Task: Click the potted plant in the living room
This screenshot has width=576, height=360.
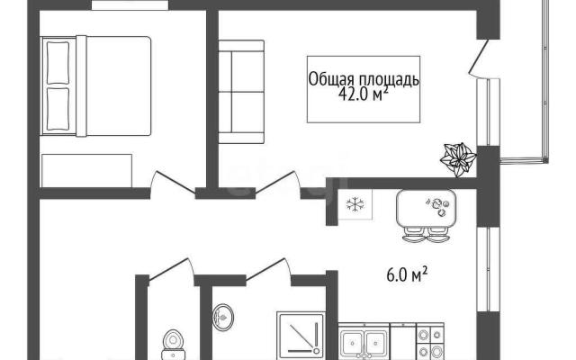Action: (x=458, y=159)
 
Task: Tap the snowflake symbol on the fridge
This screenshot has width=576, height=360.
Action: (x=355, y=204)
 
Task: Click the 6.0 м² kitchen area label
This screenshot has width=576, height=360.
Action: (x=407, y=274)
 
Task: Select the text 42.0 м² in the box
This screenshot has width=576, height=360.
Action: (x=363, y=94)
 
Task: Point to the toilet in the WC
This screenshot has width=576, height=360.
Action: (x=173, y=345)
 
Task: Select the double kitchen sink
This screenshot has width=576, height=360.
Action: (x=364, y=343)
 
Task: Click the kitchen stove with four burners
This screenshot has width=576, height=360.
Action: (x=430, y=342)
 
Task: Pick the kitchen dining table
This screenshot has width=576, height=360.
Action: (x=426, y=208)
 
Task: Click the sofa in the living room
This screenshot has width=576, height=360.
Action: (x=241, y=92)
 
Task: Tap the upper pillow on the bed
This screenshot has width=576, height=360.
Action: (x=58, y=63)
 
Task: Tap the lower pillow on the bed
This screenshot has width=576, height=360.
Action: (x=58, y=109)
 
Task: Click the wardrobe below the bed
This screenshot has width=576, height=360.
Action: (x=86, y=171)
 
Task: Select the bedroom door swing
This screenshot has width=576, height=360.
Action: (x=173, y=183)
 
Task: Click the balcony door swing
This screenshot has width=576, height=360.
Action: (x=478, y=58)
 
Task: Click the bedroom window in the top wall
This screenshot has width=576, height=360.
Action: (x=130, y=4)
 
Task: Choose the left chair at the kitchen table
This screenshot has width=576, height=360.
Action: (x=414, y=234)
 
